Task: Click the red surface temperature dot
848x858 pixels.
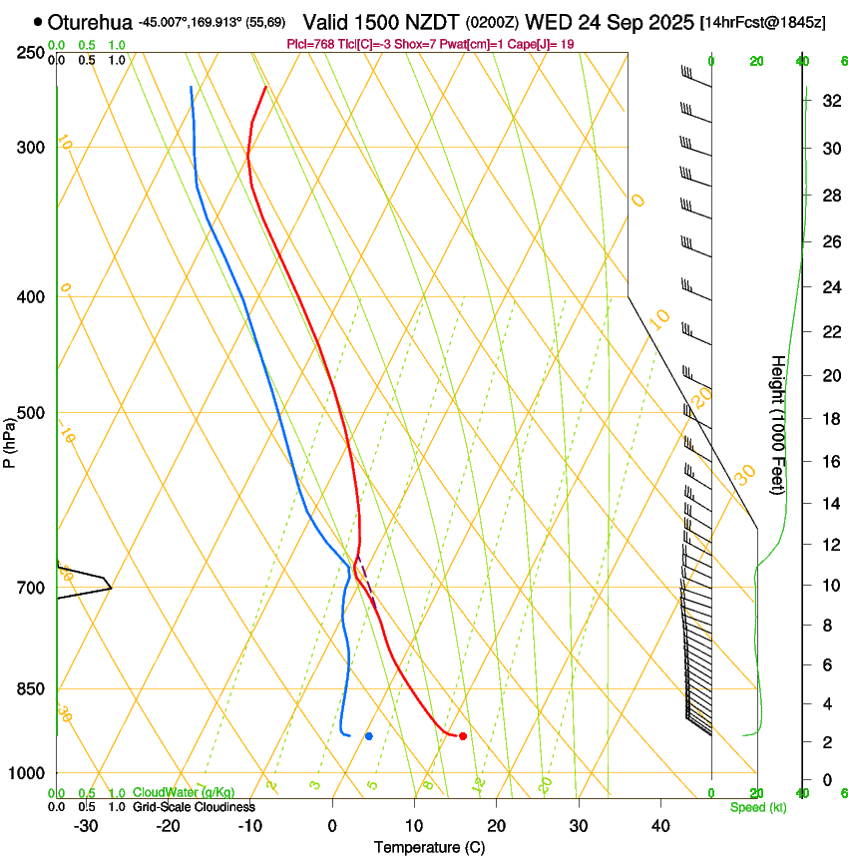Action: point(463,736)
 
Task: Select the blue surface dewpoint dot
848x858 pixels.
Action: point(369,736)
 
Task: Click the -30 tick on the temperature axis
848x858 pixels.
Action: point(87,826)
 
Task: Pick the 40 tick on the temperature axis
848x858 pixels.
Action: point(660,826)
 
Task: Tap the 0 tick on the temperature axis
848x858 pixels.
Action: point(333,826)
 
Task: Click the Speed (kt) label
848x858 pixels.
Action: point(758,807)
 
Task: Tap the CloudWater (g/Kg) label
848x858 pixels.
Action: point(184,793)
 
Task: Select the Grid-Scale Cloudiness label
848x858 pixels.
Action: point(194,807)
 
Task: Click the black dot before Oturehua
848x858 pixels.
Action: point(38,22)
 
